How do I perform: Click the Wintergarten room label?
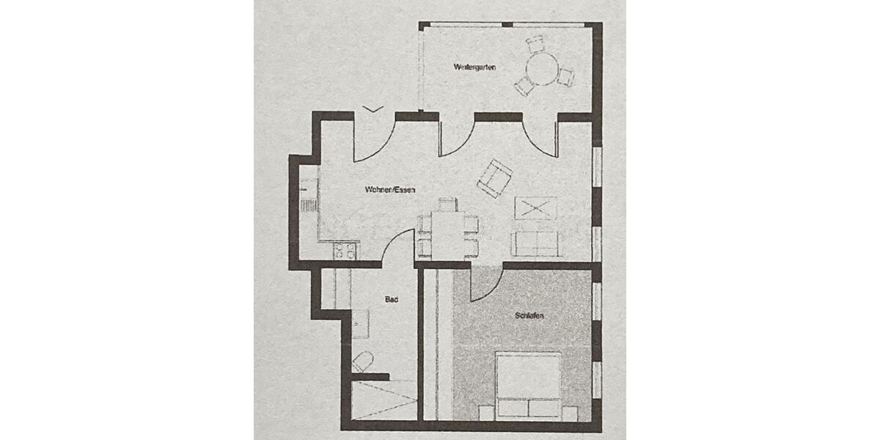coord(475,67)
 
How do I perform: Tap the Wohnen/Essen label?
coord(390,190)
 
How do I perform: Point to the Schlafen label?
coord(529,316)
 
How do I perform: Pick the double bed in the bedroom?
coord(528,385)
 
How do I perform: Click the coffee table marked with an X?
coord(535,208)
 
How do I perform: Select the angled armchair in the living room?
coord(494,177)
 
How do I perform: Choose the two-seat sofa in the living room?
coord(535,243)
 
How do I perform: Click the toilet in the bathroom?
coord(363,360)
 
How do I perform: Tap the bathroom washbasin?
coord(359,323)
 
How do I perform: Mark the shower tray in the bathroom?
coord(383,399)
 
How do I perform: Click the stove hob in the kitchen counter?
coord(345,251)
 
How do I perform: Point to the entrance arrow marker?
coord(373,109)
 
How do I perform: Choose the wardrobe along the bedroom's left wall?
coord(437,345)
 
